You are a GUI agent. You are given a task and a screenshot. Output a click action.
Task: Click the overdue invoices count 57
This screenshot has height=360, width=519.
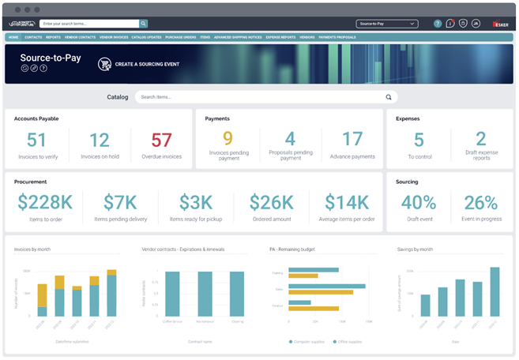point(161,141)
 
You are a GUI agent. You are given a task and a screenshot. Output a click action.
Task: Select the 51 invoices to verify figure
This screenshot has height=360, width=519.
point(37,141)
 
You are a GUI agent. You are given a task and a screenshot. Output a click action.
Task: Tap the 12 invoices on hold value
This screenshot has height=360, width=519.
point(100,141)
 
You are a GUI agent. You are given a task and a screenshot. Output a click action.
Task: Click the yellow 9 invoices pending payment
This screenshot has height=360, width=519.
point(228,139)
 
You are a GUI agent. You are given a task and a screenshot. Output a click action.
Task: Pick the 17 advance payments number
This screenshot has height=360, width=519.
point(352,139)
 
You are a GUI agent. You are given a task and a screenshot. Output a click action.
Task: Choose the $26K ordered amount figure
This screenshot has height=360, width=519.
point(272,202)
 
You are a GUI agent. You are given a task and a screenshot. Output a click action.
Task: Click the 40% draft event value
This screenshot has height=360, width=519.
point(419,202)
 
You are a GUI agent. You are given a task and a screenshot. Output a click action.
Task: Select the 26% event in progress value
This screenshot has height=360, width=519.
point(481,202)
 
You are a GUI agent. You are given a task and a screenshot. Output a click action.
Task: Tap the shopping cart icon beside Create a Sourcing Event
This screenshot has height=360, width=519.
point(104,64)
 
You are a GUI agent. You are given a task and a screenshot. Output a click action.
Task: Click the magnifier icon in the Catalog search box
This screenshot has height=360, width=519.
point(389,97)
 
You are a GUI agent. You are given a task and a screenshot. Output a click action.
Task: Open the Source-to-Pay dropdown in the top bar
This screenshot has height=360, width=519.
point(386,24)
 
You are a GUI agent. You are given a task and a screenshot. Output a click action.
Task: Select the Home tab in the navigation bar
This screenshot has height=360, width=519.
point(13,37)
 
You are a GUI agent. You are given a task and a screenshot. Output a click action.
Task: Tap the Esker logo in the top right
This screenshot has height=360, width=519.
point(500,24)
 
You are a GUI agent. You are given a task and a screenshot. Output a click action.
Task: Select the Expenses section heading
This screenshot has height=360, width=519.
point(408,118)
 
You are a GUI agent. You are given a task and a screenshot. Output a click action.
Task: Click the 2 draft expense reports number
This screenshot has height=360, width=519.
point(481,139)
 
